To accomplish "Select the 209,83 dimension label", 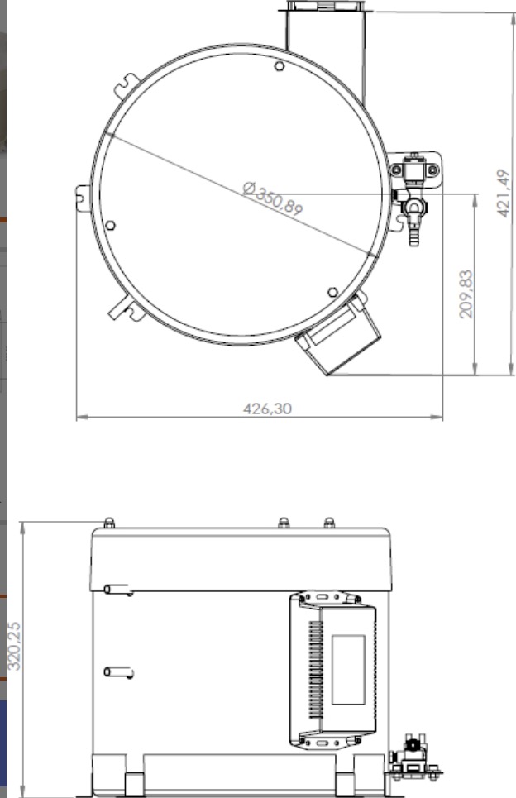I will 465,294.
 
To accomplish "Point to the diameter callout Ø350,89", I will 273,198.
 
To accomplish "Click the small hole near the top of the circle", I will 279,66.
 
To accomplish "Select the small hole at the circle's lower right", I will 332,292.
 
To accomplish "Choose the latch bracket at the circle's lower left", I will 124,307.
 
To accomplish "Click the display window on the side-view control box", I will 348,670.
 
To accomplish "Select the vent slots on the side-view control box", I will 314,670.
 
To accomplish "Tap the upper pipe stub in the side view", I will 118,590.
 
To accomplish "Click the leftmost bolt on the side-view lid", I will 109,523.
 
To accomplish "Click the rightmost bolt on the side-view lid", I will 329,523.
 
